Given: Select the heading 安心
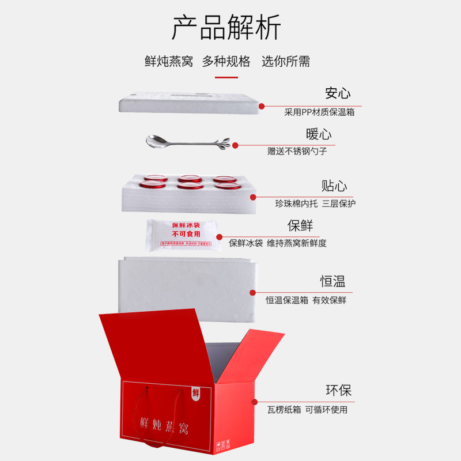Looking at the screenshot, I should tap(338, 93).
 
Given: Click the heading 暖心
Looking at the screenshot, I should tap(319, 135).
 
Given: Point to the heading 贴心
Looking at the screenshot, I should tap(334, 186).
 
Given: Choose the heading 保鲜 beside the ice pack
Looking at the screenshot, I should tap(300, 225).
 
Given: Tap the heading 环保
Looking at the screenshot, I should tap(338, 390).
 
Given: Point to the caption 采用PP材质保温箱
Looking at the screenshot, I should tap(319, 112).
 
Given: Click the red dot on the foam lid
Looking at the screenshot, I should tap(261, 106).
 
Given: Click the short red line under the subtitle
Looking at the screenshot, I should tap(226, 77).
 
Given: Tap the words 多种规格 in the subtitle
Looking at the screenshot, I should tap(226, 62).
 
